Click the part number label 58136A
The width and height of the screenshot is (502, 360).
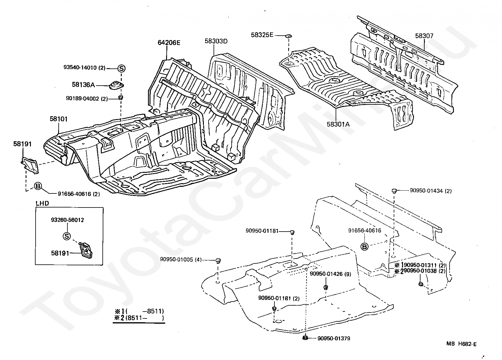click(x=83, y=85)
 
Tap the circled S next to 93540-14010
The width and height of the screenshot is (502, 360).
click(x=121, y=68)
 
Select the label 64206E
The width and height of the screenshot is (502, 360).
click(x=169, y=42)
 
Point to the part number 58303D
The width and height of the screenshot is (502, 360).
click(x=216, y=41)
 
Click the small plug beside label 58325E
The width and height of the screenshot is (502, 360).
click(x=288, y=36)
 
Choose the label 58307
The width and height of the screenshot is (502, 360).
click(x=424, y=36)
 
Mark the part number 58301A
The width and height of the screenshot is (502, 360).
click(x=338, y=124)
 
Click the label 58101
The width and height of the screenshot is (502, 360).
click(x=58, y=119)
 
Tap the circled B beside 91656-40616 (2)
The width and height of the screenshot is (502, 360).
click(x=38, y=186)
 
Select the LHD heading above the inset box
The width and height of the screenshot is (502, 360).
click(x=42, y=203)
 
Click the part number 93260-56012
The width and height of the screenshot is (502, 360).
click(x=67, y=220)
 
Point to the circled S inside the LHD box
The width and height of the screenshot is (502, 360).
click(x=67, y=236)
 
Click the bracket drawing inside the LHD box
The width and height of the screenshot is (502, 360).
click(x=86, y=250)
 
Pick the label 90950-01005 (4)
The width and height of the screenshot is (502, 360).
click(x=181, y=259)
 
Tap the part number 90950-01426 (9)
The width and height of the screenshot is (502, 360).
click(x=330, y=274)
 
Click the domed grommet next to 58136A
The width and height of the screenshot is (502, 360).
click(x=116, y=85)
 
